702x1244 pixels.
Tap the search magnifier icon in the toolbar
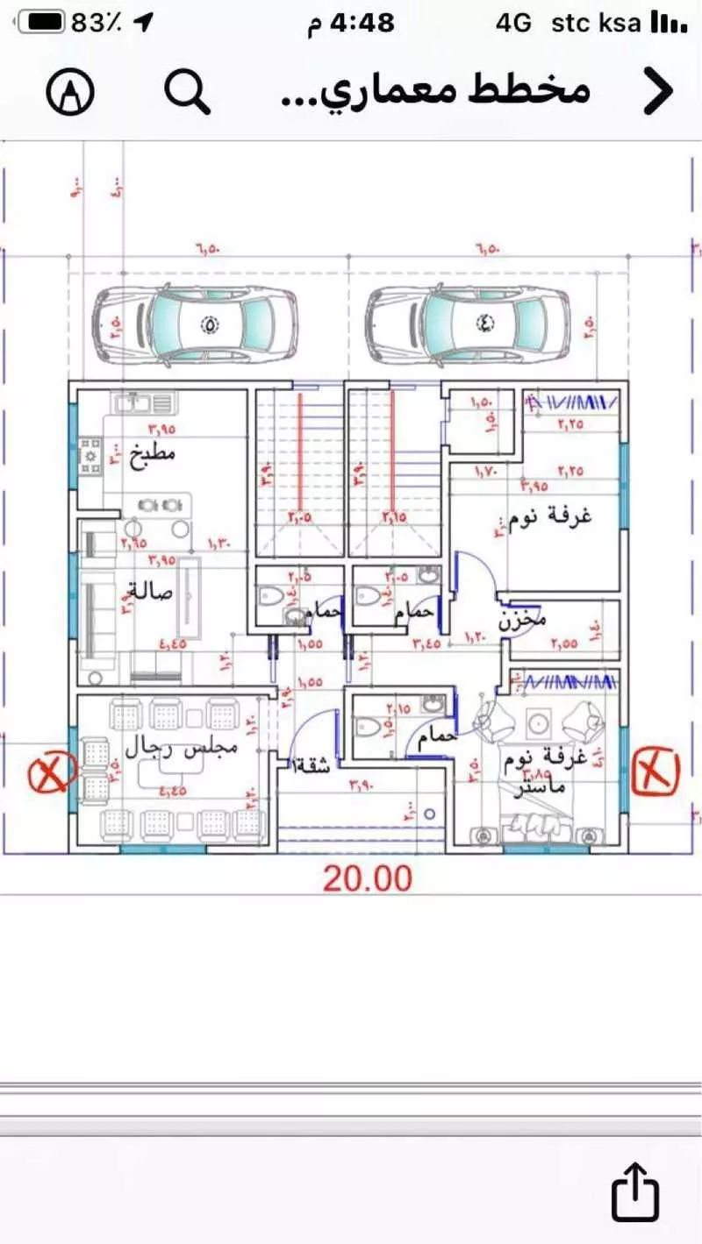[188, 90]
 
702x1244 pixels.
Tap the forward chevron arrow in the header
[658, 90]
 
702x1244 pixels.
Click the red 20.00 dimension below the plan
[367, 878]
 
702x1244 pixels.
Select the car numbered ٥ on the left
[196, 324]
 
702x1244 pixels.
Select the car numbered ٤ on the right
[468, 324]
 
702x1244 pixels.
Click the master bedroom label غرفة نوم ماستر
[540, 770]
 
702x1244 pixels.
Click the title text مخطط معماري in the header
[434, 90]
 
